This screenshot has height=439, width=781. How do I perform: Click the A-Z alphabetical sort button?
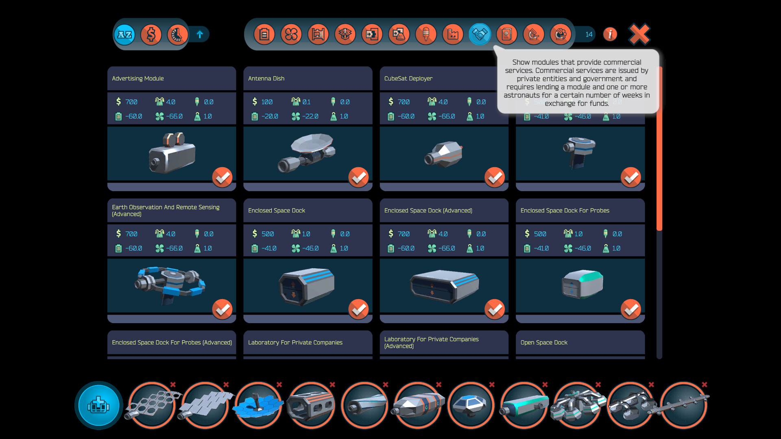[124, 35]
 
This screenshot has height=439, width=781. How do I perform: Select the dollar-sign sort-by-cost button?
[151, 35]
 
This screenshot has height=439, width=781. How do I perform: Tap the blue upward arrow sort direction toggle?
[200, 35]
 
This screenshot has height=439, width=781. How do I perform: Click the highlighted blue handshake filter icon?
[480, 35]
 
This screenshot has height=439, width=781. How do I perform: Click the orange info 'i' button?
[610, 35]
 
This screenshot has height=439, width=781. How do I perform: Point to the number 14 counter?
[589, 35]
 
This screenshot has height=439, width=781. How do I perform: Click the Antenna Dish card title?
[266, 78]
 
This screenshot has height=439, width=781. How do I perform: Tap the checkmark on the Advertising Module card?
[222, 177]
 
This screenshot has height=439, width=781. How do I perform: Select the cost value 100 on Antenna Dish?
[267, 102]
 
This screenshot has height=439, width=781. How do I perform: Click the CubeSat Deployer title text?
[408, 78]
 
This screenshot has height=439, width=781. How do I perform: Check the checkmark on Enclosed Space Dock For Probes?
[630, 309]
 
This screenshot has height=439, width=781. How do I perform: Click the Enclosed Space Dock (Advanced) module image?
[444, 286]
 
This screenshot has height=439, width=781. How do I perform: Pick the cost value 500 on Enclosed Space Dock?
[267, 234]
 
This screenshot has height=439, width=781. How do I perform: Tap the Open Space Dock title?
[543, 343]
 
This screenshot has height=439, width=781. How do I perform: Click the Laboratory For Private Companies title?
[295, 343]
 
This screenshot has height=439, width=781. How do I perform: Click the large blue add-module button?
[98, 405]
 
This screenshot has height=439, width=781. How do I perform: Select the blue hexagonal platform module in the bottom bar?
[258, 405]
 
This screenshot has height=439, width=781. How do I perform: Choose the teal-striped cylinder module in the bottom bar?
[524, 405]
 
